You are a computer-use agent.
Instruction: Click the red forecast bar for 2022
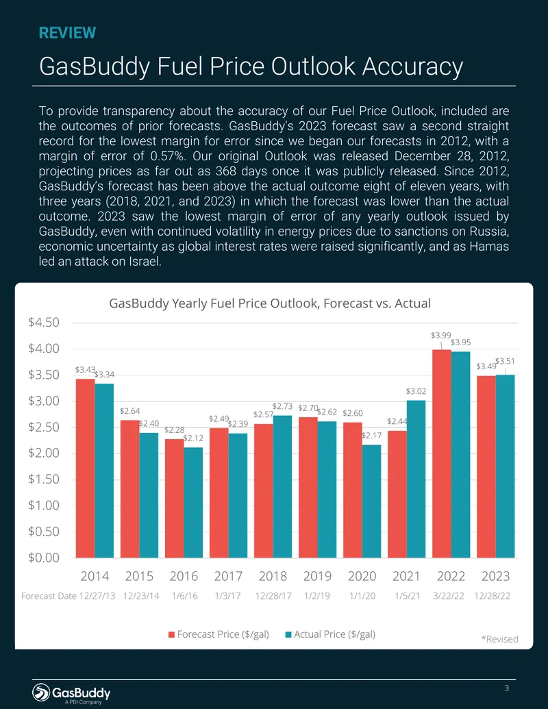point(442,453)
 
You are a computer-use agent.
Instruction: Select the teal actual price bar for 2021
point(416,479)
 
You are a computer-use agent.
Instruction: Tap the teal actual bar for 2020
point(372,501)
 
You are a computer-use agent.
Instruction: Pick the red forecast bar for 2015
point(129,489)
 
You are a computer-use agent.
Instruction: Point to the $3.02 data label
point(416,391)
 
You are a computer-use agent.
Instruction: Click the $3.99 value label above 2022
point(441,335)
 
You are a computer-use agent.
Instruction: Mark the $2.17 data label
point(372,436)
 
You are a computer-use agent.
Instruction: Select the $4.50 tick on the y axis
point(44,323)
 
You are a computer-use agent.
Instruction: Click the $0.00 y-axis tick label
point(44,558)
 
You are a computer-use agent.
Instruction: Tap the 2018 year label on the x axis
point(273,576)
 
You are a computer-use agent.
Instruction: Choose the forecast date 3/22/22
point(449,596)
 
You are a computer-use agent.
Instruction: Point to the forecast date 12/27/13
point(97,596)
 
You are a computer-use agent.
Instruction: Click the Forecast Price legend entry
point(219,634)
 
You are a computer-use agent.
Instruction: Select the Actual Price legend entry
point(331,634)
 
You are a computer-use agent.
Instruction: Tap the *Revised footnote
point(499,639)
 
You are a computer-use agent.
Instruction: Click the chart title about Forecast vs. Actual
point(270,303)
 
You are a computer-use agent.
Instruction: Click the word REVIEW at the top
point(67,33)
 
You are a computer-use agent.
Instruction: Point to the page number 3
point(507,688)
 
